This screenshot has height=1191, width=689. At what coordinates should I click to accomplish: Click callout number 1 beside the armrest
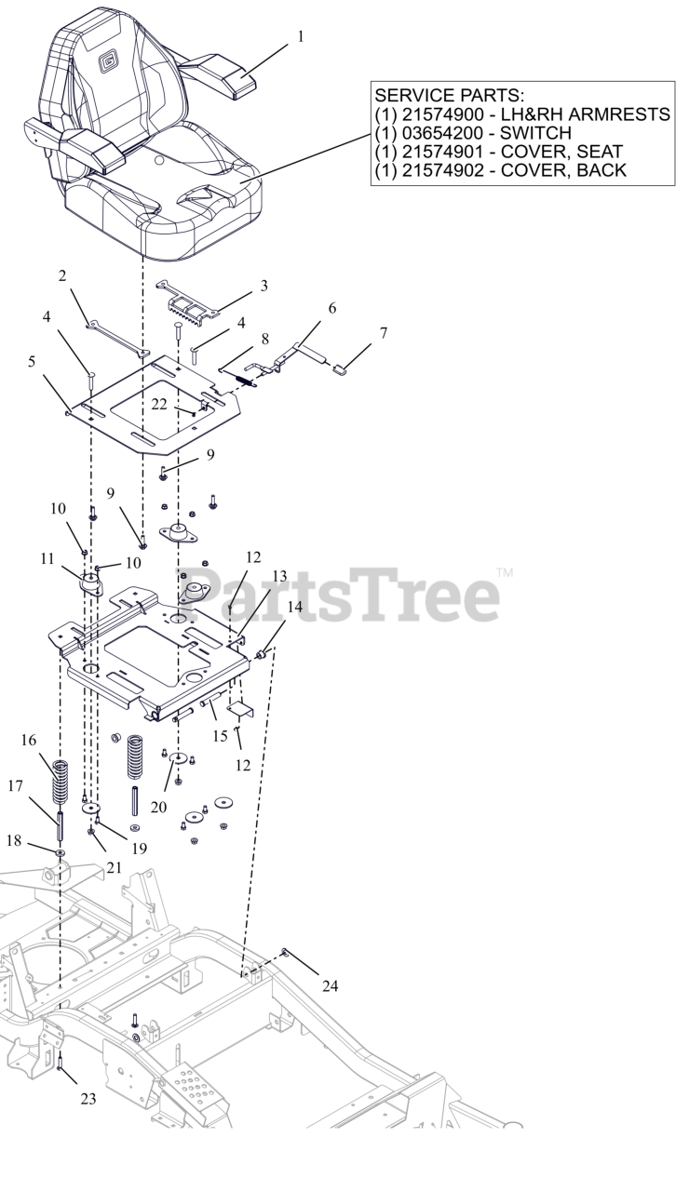click(x=300, y=37)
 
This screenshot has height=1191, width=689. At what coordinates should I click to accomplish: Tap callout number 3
click(x=264, y=286)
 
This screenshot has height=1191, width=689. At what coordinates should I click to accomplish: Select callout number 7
click(x=383, y=332)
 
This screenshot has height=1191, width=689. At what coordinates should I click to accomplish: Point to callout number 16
click(x=29, y=740)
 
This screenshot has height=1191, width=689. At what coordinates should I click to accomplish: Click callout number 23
click(x=88, y=1098)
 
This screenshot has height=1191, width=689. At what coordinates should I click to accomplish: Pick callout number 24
click(x=330, y=985)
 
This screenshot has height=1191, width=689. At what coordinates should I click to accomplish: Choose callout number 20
click(x=158, y=807)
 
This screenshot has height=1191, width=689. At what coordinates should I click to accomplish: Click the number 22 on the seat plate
click(x=159, y=403)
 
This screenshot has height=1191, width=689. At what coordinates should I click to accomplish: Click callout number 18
click(x=13, y=839)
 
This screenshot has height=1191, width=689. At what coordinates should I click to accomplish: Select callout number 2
click(x=62, y=275)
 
